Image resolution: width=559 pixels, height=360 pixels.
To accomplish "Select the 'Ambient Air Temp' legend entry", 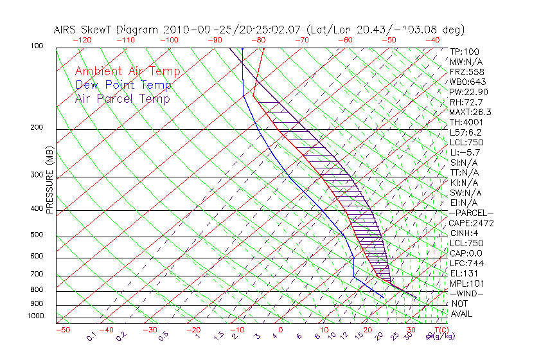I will click(127, 71).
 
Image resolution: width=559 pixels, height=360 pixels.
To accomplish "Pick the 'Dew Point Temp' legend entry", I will click(123, 85).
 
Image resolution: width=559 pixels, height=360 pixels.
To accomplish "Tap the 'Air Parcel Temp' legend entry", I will click(122, 98).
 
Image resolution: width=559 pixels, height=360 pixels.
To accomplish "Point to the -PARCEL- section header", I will click(471, 213).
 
